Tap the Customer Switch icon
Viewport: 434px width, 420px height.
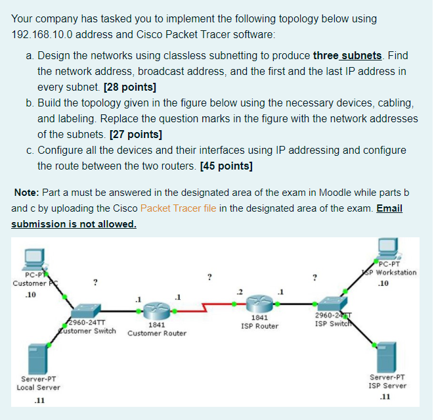[x=85, y=311]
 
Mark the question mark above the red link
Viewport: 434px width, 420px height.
[x=209, y=277]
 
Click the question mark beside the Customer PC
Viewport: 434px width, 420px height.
[x=97, y=283]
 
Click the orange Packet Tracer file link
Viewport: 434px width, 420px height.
[x=180, y=208]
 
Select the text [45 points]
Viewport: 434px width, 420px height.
[x=226, y=166]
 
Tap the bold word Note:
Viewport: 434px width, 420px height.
[x=27, y=193]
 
